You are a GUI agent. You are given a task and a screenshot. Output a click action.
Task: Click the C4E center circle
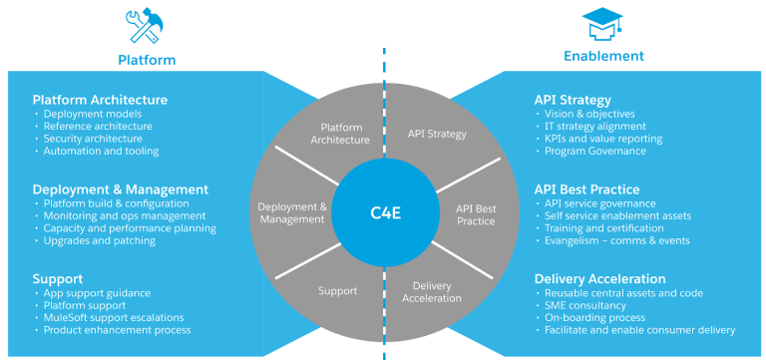click(384, 211)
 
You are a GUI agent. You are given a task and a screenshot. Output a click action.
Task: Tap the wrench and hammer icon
click(146, 26)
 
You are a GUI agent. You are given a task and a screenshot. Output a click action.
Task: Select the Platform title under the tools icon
click(147, 60)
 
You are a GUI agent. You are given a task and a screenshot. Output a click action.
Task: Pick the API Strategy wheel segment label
click(437, 134)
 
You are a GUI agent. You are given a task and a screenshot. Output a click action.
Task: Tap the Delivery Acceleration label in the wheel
click(432, 291)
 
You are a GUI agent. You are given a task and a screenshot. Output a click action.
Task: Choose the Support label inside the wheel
click(337, 291)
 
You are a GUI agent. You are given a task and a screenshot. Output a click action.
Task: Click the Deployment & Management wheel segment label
click(292, 213)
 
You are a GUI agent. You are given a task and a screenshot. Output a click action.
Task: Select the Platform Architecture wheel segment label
click(339, 134)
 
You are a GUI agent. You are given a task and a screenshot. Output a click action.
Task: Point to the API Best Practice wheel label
click(476, 214)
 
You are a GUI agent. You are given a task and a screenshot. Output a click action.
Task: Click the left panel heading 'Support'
click(59, 278)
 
